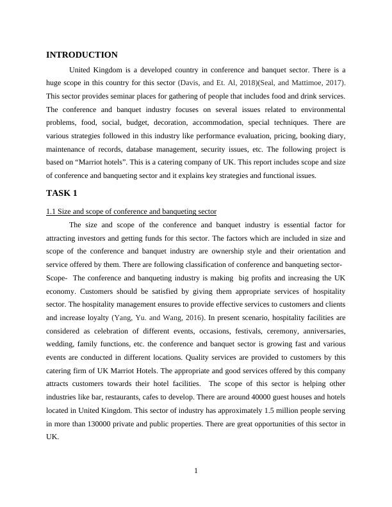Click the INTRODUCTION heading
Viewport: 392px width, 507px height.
pos(82,55)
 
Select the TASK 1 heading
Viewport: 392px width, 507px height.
pos(61,193)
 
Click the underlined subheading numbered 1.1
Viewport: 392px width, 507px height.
pos(131,211)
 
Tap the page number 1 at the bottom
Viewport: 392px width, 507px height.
pos(196,471)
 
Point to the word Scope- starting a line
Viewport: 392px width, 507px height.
pos(57,278)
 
